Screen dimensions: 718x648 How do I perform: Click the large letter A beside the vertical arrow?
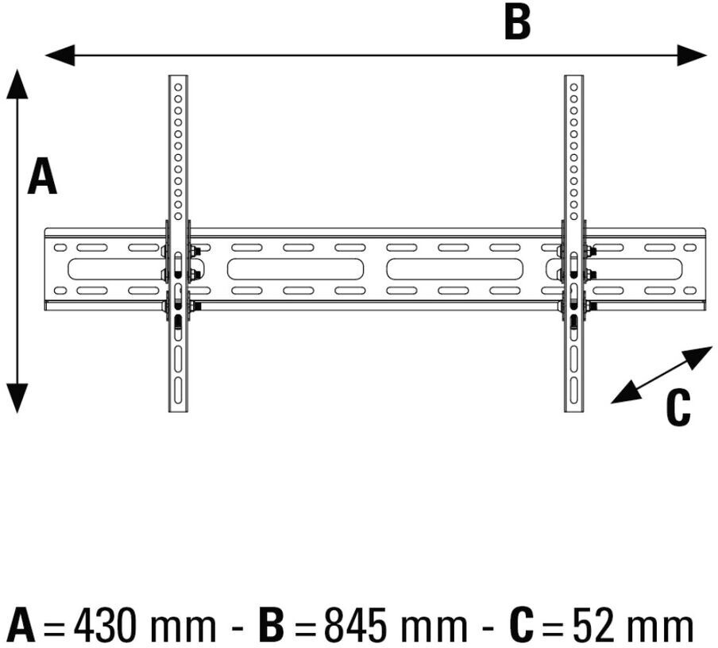point(42,175)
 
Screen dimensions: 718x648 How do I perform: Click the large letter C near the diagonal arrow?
point(677,407)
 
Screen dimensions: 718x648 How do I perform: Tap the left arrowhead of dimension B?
point(60,55)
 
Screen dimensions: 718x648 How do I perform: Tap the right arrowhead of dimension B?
point(692,55)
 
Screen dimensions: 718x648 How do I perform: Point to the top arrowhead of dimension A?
point(17,84)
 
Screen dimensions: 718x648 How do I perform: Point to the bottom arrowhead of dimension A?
point(17,398)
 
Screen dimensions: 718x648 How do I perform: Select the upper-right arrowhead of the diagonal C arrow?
point(698,356)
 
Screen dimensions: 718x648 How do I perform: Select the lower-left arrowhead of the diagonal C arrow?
point(626,394)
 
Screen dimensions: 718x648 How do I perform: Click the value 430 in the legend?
point(106,626)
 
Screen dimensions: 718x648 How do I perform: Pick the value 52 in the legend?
point(592,626)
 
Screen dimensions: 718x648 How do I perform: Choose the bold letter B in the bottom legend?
point(272,626)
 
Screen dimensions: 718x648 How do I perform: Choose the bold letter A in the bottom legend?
point(23,626)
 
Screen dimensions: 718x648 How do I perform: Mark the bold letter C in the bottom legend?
point(521,626)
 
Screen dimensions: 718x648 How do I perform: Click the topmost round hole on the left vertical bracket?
point(178,87)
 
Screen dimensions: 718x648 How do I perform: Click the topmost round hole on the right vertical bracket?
point(573,87)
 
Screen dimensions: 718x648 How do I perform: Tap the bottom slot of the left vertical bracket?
point(178,390)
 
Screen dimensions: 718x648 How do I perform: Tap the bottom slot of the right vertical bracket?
point(573,390)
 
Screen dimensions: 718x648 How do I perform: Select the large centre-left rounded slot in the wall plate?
point(295,269)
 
